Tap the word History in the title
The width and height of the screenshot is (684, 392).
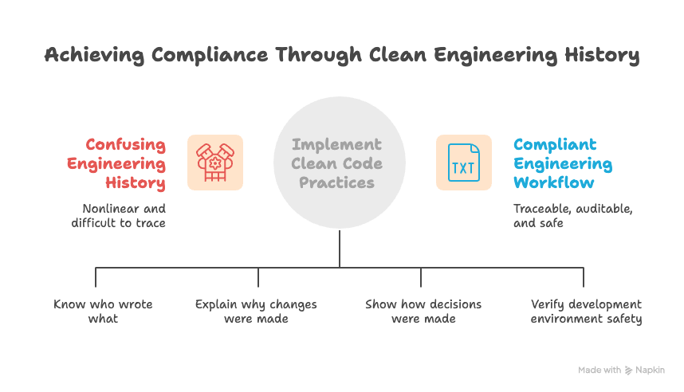[596, 55]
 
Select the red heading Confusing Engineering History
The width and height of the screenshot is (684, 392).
[125, 164]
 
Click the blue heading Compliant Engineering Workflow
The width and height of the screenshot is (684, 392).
[562, 164]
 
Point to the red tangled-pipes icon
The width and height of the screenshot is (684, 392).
[215, 163]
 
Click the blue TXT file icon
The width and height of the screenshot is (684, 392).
[463, 163]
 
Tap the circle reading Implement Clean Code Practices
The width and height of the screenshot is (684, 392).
[340, 163]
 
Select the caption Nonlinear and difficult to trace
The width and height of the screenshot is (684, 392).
[124, 216]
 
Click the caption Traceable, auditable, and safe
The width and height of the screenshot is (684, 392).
[572, 216]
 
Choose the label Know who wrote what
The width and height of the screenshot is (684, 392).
[103, 312]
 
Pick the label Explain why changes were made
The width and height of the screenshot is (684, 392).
[256, 312]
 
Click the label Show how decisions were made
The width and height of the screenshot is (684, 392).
[423, 312]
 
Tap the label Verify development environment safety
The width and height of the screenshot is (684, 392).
[586, 312]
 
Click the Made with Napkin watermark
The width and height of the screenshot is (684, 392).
[621, 370]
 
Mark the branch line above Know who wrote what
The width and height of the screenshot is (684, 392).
[96, 276]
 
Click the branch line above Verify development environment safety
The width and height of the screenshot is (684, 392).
[584, 276]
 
